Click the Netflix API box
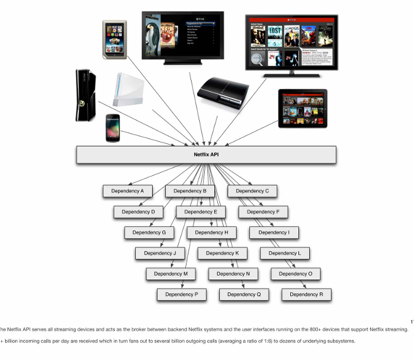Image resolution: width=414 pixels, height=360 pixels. [206, 155]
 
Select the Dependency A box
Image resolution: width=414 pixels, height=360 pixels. [128, 191]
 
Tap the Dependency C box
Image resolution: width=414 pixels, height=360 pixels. [253, 191]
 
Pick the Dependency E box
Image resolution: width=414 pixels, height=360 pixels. [200, 212]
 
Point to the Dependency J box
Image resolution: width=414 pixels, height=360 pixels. [160, 253]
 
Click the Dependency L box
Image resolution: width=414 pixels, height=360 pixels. [285, 253]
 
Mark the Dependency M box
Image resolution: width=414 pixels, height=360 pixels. [171, 274]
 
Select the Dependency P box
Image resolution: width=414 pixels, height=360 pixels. [182, 294]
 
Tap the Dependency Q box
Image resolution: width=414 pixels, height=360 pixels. [244, 294]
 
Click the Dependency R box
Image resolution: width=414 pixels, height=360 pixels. [306, 294]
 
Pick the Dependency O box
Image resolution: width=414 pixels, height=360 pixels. [295, 274]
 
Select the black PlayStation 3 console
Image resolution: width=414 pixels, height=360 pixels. [219, 93]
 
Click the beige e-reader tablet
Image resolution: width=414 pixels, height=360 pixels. [116, 38]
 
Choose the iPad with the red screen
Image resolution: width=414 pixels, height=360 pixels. [303, 107]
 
